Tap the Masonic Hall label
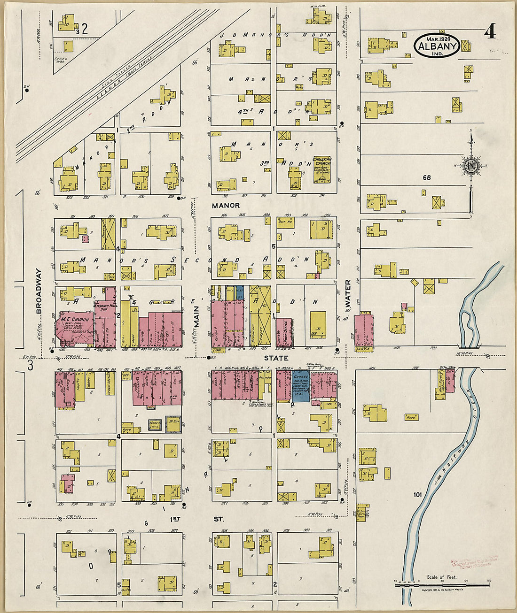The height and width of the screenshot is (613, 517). click(104, 306)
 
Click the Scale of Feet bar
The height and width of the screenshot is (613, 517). click(441, 585)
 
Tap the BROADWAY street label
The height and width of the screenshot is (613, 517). click(39, 291)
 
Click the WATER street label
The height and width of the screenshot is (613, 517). click(348, 295)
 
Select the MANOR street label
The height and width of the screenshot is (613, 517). click(226, 206)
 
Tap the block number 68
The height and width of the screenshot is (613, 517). click(426, 177)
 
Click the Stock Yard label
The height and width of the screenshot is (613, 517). click(61, 59)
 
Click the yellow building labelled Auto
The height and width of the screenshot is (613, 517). click(412, 417)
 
